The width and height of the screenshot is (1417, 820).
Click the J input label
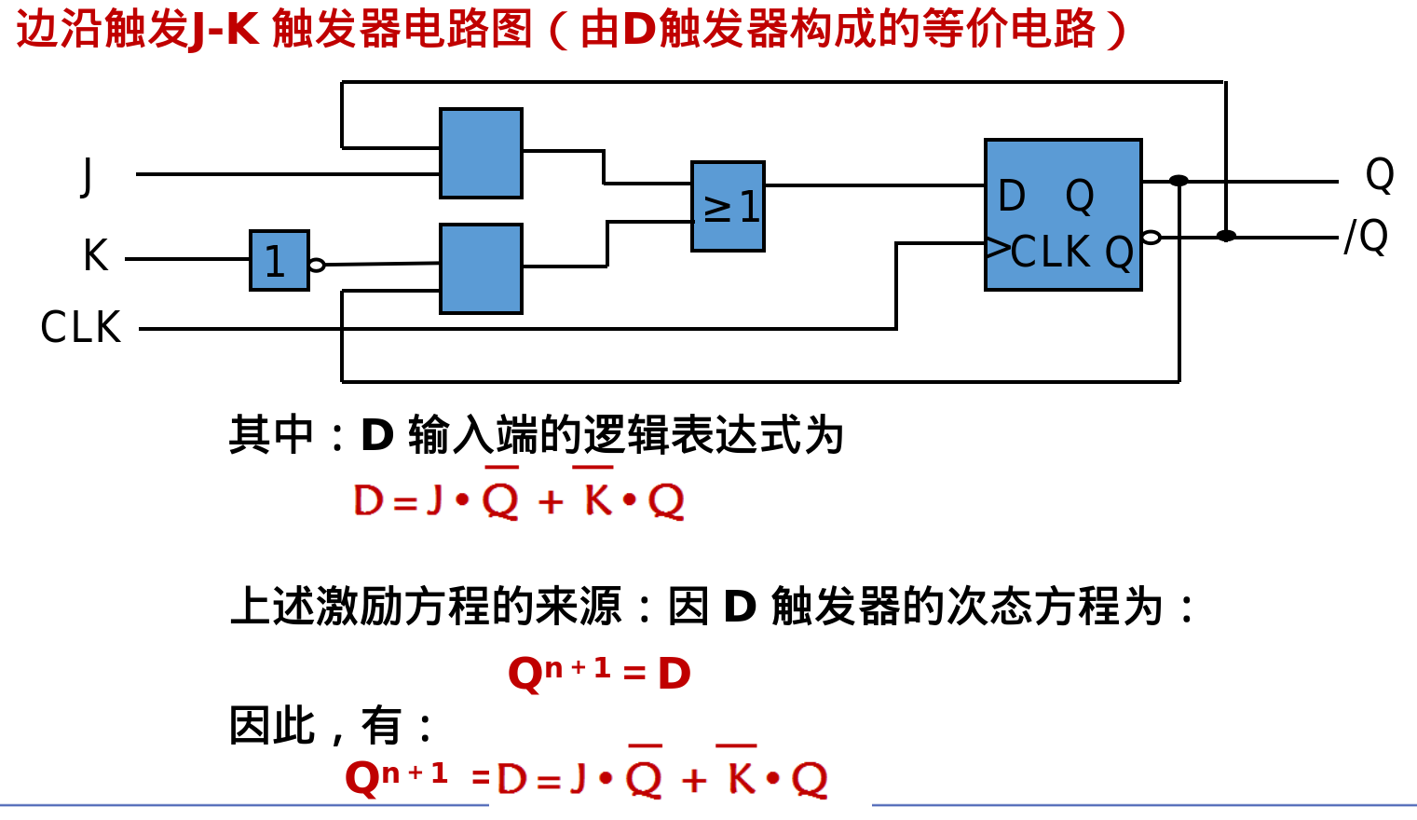pos(88,175)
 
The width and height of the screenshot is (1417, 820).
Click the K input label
pos(95,255)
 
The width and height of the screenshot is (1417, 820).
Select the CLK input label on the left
pos(81,328)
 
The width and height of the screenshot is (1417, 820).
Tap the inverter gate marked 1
pos(279,261)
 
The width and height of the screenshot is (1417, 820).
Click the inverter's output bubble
pos(317,265)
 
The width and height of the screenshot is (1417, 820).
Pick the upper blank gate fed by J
pos(481,154)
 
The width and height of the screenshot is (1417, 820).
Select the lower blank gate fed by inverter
pos(481,268)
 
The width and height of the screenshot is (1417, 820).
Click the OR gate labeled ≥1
pos(728,207)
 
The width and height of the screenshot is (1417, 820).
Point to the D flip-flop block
pos(1063,215)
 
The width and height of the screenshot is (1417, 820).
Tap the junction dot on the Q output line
pos(1179,181)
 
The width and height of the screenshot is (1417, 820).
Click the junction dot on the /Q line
pos(1226,236)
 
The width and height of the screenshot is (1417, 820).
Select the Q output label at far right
pos(1379,175)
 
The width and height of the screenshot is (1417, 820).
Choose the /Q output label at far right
pos(1366,237)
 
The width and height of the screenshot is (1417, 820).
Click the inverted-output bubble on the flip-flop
pos(1151,238)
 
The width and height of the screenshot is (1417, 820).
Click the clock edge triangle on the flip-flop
pos(998,248)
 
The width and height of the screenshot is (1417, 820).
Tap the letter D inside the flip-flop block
pos(1012,197)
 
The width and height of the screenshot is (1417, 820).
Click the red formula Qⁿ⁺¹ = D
pos(599,673)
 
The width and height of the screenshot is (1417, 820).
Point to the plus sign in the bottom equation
pos(694,780)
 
